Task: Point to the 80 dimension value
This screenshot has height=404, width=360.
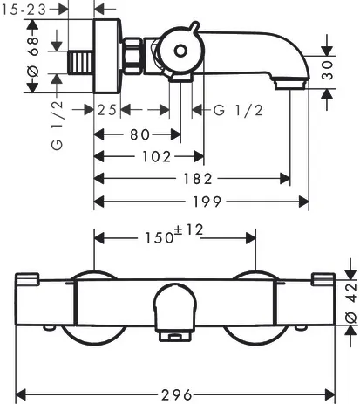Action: [x=138, y=134]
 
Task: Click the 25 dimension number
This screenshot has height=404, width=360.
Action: [x=107, y=109]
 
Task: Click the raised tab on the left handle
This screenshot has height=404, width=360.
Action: [x=29, y=278]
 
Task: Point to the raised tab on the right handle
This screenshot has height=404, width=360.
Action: [x=323, y=278]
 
